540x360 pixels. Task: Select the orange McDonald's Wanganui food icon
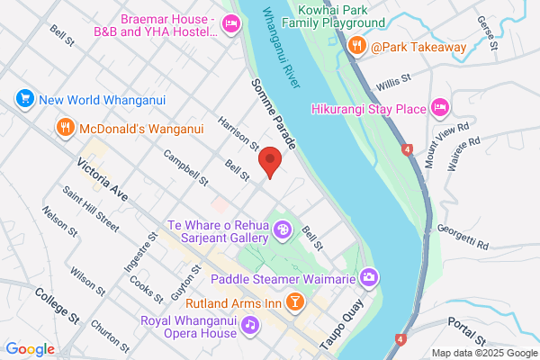[65, 127]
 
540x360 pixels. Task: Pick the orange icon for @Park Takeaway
[356, 46]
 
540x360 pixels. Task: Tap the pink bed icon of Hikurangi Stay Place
[440, 109]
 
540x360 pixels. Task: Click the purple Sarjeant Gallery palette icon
[283, 230]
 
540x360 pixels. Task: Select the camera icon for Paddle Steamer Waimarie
[368, 277]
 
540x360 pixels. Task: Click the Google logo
[30, 349]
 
